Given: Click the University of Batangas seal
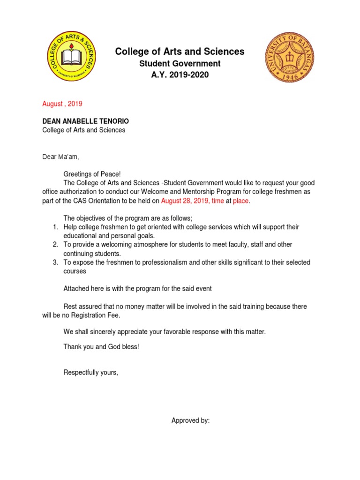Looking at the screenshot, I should pos(287,57).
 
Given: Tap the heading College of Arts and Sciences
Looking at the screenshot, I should pos(180,52).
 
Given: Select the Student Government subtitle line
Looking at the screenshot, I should pos(180,63).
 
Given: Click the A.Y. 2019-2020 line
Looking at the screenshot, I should pos(180,75).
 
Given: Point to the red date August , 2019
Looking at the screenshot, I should pos(62,104).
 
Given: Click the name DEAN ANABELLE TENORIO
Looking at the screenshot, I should pos(85,121).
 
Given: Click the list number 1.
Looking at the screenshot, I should pos(55,227).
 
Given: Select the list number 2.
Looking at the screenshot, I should pos(55,245).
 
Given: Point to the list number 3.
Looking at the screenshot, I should pos(55,262).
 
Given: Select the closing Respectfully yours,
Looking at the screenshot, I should pos(91,373).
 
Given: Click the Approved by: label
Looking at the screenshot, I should pos(190,420).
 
